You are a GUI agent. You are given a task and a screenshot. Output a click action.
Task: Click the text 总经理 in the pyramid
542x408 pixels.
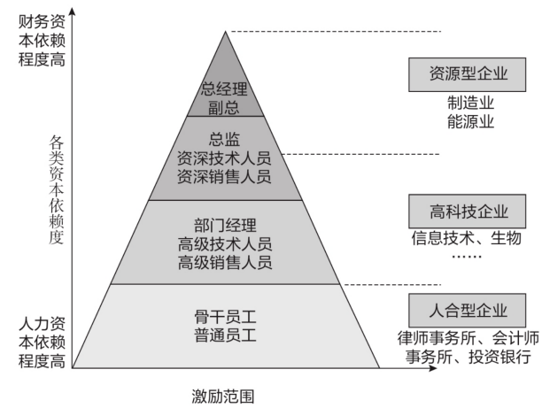225,89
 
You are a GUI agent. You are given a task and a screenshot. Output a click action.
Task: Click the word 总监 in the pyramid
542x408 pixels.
225,138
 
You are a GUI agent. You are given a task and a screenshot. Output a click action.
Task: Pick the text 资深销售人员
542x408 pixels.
225,176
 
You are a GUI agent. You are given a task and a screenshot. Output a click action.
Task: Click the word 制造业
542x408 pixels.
469,104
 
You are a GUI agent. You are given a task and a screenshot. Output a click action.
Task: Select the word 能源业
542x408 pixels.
469,122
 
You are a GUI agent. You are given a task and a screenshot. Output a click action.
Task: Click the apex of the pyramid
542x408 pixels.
226,32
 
